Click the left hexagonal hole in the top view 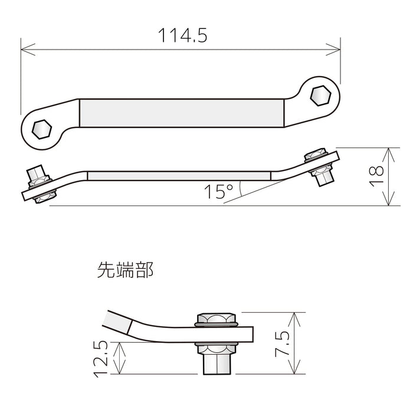coord(41,127)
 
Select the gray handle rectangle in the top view coord(182,112)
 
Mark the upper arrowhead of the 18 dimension coord(388,151)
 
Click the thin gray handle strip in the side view coord(179,175)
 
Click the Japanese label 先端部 coord(125,271)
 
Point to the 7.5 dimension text coord(282,343)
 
